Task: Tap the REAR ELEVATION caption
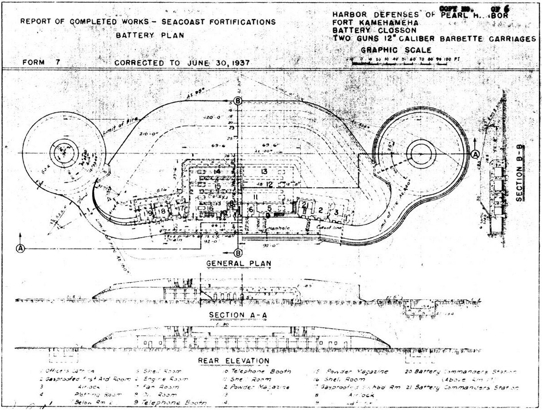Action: click(234, 361)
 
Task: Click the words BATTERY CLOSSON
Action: click(364, 30)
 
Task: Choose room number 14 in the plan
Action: click(217, 172)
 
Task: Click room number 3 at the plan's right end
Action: click(336, 211)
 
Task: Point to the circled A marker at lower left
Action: click(20, 248)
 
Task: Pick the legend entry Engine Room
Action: click(158, 379)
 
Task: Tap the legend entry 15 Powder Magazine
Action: click(352, 371)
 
